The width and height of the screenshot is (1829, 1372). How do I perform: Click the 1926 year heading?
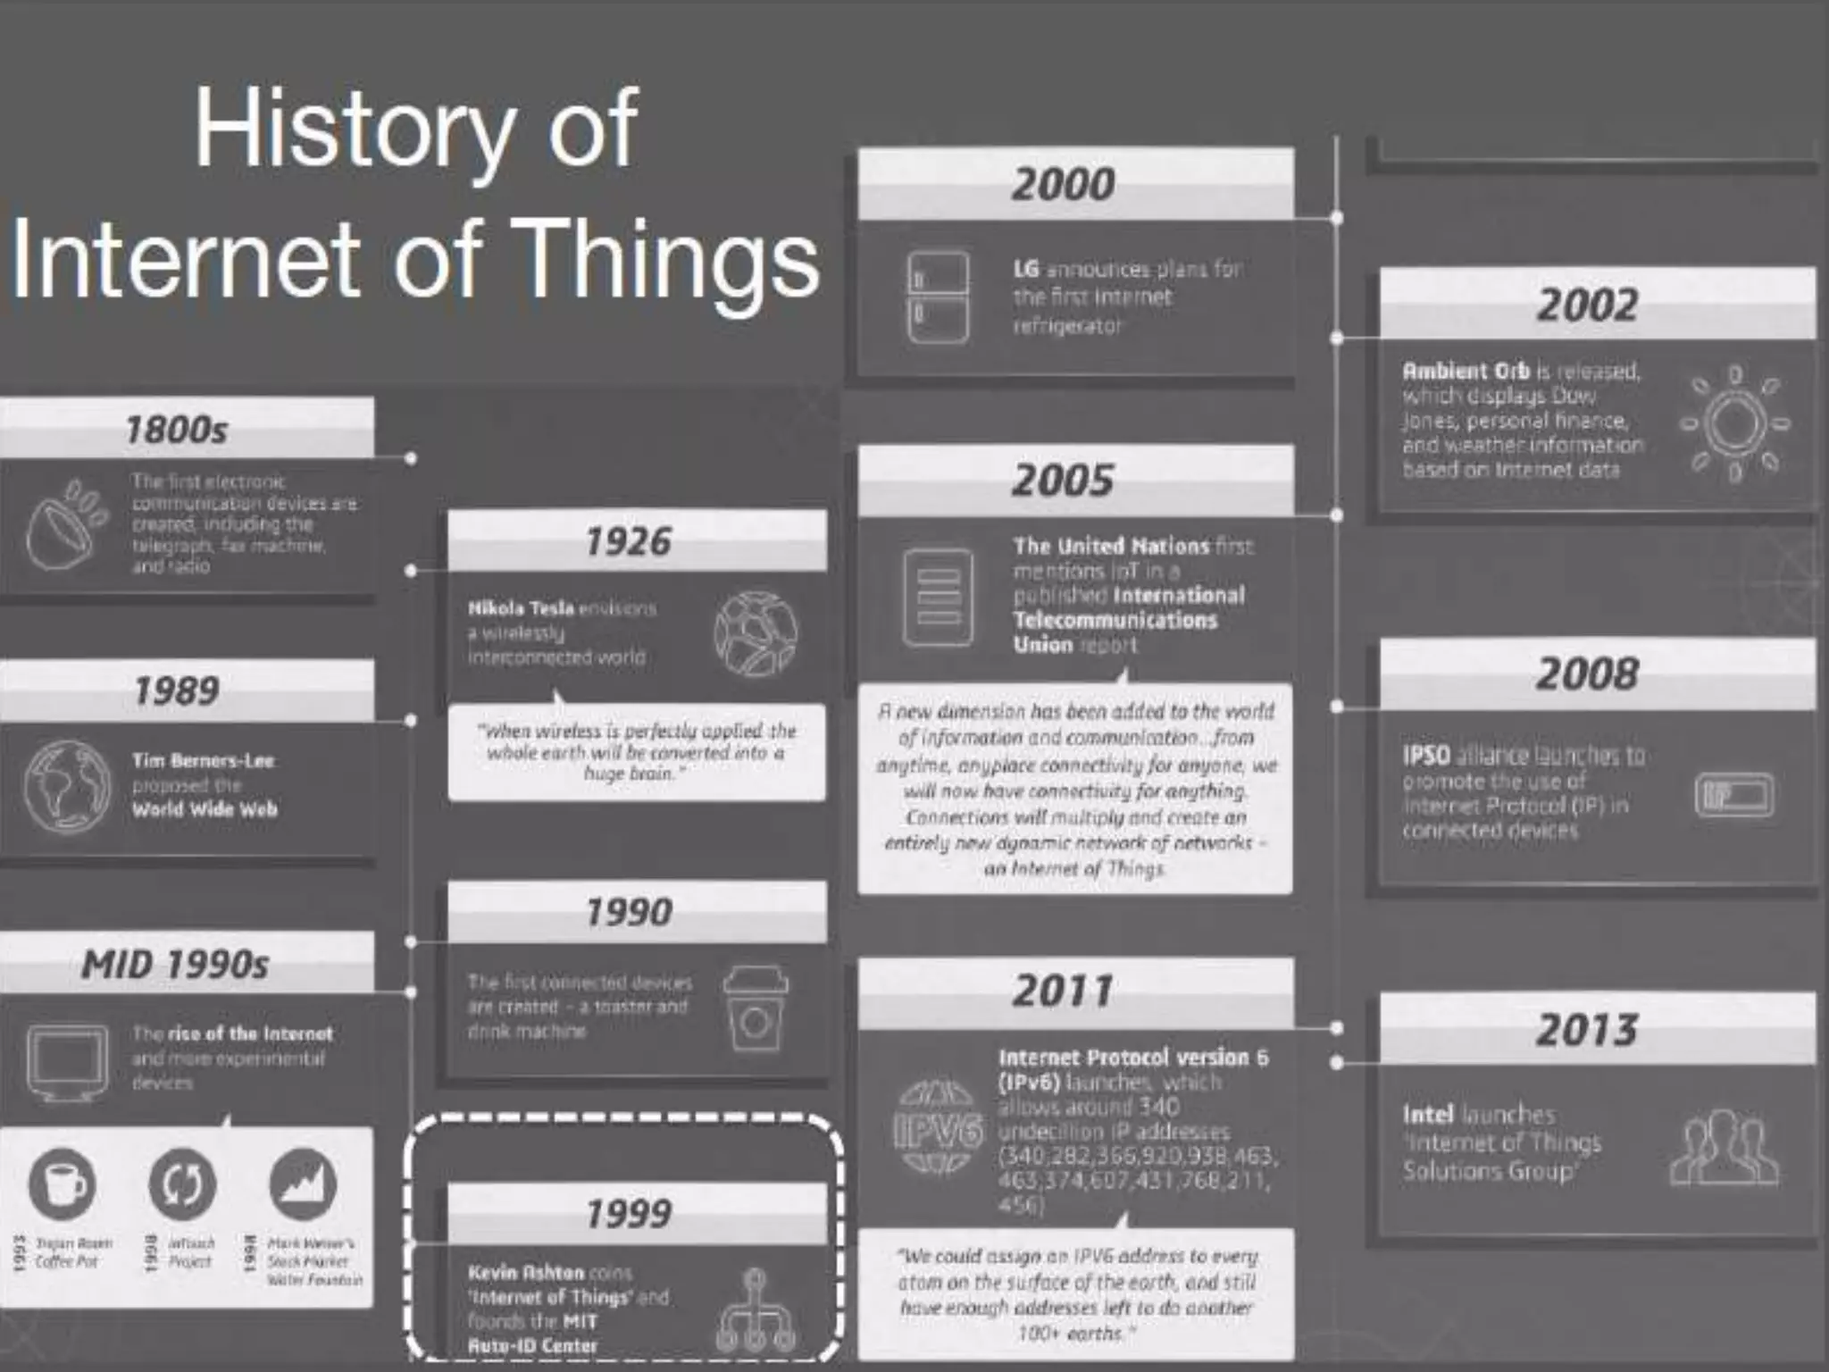[628, 541]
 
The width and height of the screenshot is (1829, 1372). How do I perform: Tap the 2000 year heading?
[1063, 184]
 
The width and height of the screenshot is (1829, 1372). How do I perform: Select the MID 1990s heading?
[175, 964]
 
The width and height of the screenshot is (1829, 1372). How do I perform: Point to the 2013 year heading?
[1586, 1030]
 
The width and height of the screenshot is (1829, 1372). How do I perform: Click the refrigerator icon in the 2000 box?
[938, 297]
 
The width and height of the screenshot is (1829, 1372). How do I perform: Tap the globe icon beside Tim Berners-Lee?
[67, 786]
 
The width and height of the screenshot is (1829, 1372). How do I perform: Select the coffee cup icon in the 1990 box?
[755, 1009]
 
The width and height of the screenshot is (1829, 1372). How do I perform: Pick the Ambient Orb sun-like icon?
[1733, 423]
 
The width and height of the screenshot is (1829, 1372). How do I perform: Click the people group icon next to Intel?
[1723, 1148]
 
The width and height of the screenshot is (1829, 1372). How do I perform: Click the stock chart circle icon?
[303, 1184]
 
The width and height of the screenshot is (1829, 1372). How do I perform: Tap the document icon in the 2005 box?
[938, 597]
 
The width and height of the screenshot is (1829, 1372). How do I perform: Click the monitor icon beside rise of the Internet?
[67, 1060]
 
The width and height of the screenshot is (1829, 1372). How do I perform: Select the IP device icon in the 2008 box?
[1733, 794]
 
